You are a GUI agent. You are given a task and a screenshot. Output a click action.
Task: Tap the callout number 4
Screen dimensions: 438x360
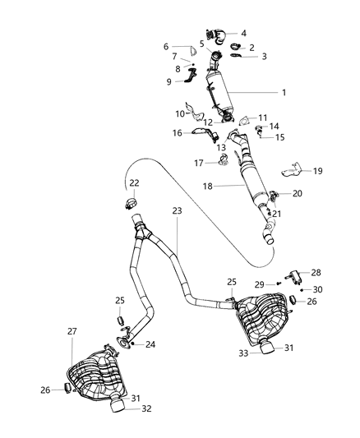[242, 33]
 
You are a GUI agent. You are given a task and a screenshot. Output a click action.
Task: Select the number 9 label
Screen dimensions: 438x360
[169, 81]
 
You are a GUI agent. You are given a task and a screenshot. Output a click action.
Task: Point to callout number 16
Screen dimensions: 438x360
[178, 131]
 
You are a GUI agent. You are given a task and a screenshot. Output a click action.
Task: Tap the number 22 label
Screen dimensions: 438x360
[133, 182]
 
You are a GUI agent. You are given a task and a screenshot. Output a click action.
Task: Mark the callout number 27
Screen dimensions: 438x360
[72, 331]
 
